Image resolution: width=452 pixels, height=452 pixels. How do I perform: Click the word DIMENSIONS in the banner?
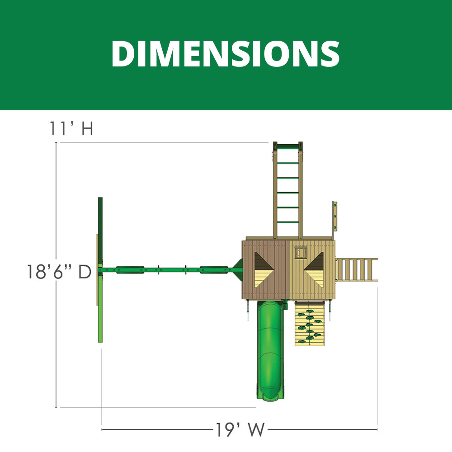coord(226,54)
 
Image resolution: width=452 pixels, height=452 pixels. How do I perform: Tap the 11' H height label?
coord(71,128)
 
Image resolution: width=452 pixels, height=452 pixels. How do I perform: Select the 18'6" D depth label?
coord(59,272)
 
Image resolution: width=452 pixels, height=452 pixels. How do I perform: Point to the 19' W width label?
coord(240,429)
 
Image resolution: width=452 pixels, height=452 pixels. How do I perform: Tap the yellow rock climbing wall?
coord(310,324)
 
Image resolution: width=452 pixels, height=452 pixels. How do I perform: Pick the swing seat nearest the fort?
coord(214,270)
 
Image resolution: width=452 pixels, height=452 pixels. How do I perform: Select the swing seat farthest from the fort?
coord(130,270)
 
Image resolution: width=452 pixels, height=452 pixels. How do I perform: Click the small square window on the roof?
coord(301,253)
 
